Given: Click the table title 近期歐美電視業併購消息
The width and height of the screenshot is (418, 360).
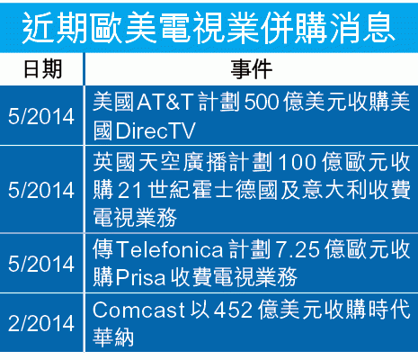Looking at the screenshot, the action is point(209,28).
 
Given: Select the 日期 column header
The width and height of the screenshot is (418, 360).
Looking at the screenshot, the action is point(43,69).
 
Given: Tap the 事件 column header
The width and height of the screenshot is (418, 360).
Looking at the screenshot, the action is point(252,69).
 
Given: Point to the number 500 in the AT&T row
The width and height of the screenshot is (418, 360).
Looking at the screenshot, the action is point(262,102).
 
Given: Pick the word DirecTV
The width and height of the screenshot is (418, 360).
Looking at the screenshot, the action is point(156,130).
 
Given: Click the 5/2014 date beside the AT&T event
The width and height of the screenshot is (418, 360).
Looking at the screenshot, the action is point(41,116).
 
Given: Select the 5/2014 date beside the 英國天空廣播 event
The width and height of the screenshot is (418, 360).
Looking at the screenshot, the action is point(41,190).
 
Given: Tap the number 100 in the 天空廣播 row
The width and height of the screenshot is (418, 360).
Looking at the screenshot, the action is point(298,163).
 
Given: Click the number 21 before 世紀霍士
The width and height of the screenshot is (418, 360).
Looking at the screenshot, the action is point(129,190).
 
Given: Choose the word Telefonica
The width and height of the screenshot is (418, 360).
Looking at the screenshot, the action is point(170,249).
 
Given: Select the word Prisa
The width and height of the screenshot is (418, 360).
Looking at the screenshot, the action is point(140,277).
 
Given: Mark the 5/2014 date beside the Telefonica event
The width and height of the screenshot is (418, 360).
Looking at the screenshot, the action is point(41,264).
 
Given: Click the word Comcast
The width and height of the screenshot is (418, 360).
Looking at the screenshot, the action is point(138,310).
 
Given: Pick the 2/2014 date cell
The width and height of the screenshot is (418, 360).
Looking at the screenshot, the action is point(41,323).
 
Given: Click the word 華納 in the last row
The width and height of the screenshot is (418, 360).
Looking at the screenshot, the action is point(113,337).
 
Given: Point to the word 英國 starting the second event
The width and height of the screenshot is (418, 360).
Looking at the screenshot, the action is point(113,162).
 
